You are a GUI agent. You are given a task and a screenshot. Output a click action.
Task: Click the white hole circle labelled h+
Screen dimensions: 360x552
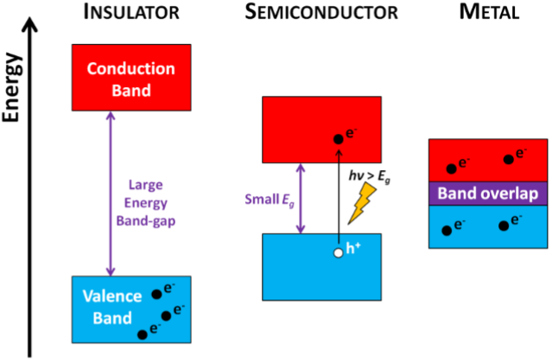point(339,254)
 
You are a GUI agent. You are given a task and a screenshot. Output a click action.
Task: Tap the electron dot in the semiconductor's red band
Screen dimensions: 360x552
point(339,139)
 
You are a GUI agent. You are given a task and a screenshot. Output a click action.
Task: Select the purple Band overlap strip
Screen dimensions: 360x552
point(488,193)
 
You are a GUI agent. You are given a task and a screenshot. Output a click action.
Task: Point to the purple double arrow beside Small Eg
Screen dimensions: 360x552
point(301,199)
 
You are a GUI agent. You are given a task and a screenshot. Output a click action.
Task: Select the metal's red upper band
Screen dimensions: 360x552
point(488,160)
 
